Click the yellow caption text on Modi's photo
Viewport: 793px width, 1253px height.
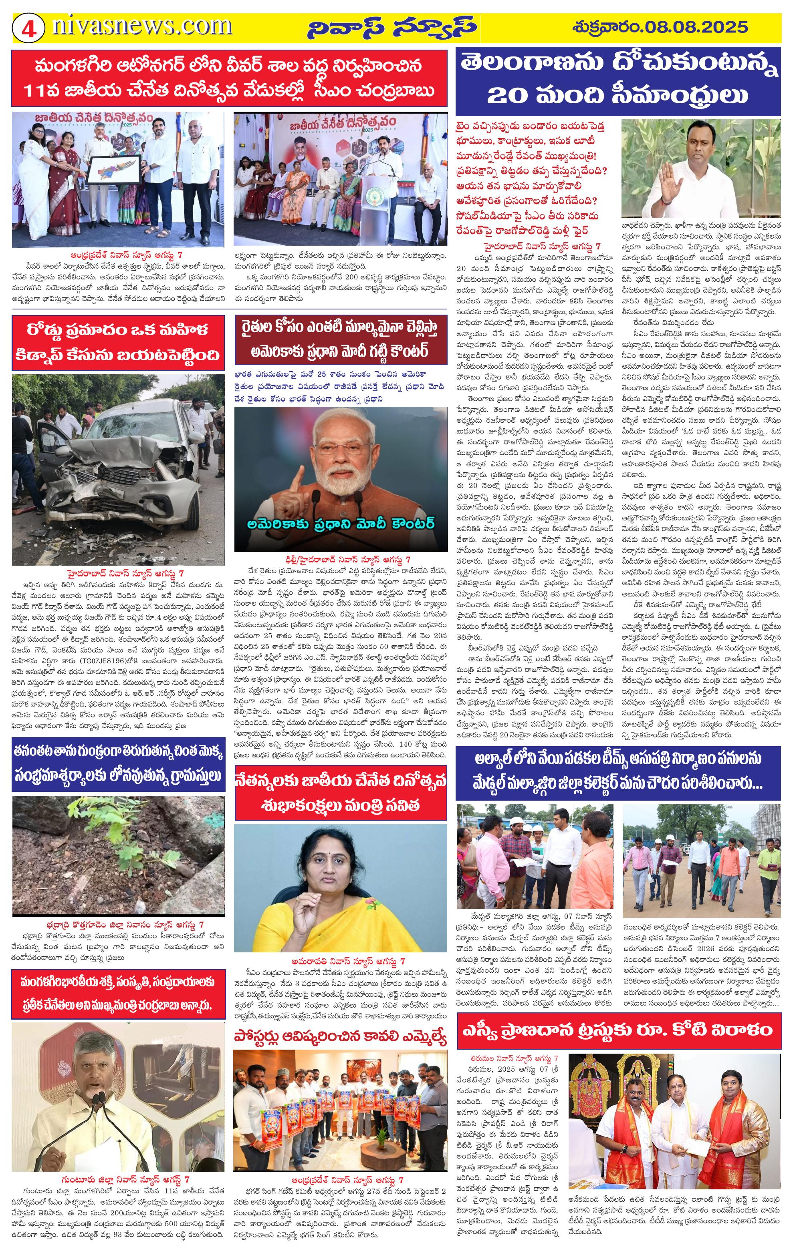tap(341, 523)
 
